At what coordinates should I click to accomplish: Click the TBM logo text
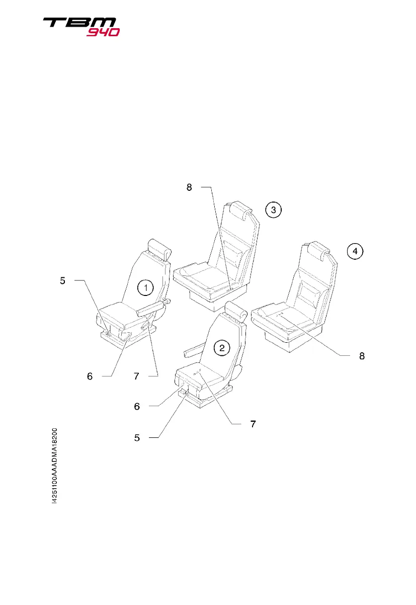[79, 23]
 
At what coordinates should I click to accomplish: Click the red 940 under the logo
[103, 32]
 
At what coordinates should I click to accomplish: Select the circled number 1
[145, 288]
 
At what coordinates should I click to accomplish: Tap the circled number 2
[222, 347]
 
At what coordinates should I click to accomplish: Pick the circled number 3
[273, 210]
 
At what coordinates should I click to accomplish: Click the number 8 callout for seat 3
[189, 188]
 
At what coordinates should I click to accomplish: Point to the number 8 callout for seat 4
[362, 356]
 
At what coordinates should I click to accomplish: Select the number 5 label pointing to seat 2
[137, 438]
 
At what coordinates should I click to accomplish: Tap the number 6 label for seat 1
[89, 375]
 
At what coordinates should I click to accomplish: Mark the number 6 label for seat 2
[137, 406]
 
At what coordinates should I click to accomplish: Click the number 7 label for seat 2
[253, 424]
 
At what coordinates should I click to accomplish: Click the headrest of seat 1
[160, 248]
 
